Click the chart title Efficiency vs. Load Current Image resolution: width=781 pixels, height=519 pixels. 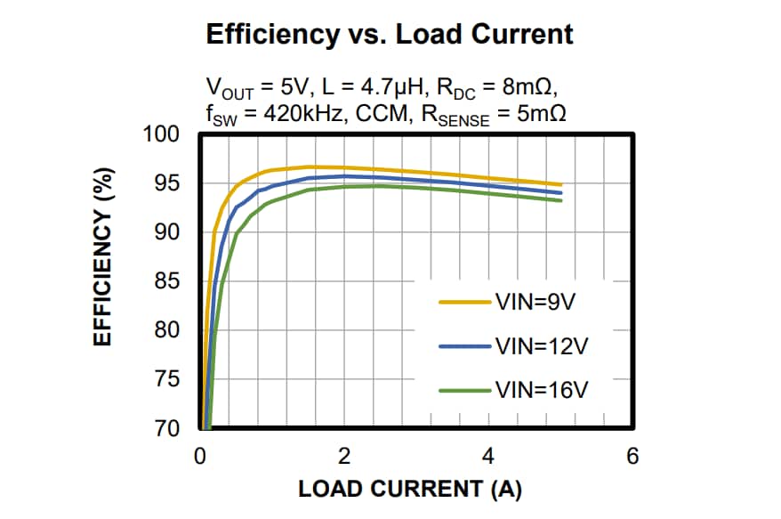pyautogui.click(x=390, y=35)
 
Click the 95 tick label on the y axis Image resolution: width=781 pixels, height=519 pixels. pyautogui.click(x=168, y=184)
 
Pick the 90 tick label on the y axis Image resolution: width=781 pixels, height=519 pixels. pyautogui.click(x=168, y=233)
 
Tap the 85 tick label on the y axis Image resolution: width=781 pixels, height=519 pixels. pyautogui.click(x=168, y=282)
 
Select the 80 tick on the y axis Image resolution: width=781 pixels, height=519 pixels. pyautogui.click(x=168, y=331)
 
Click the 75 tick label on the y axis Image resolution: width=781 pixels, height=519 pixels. pyautogui.click(x=168, y=380)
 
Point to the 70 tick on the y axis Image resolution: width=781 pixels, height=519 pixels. pyautogui.click(x=168, y=429)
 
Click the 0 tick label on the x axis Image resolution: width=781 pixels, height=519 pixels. pyautogui.click(x=200, y=457)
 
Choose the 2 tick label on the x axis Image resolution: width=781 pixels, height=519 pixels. pyautogui.click(x=344, y=457)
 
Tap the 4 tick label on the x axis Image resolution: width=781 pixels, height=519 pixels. pyautogui.click(x=488, y=457)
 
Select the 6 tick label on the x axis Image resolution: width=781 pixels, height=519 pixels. pyautogui.click(x=632, y=457)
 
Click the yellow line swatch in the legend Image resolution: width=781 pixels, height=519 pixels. pyautogui.click(x=465, y=302)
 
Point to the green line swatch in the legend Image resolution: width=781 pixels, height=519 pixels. pyautogui.click(x=465, y=389)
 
